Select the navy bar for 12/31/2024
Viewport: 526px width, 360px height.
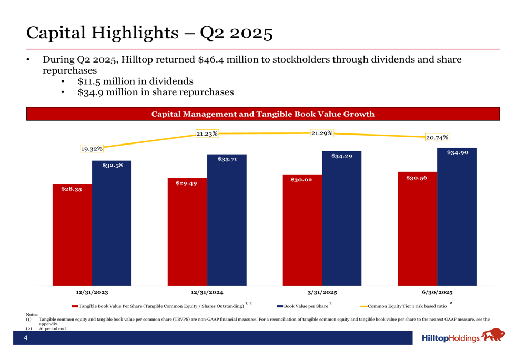227,220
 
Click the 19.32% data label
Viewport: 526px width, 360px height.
92,149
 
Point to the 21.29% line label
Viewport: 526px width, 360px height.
322,133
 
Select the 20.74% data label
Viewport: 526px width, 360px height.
437,138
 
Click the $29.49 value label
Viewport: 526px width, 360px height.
186,183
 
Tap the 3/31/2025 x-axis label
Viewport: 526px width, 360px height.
322,292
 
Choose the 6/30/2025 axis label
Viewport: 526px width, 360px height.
437,292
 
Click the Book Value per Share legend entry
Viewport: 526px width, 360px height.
306,306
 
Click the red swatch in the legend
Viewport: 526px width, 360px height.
75,306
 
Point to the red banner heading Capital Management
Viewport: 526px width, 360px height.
263,114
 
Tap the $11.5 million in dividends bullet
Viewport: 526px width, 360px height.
135,81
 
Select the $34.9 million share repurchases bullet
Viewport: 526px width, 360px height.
155,92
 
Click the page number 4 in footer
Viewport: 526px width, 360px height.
25,338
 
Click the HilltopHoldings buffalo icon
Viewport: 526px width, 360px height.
493,335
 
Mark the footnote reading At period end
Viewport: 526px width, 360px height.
53,328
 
